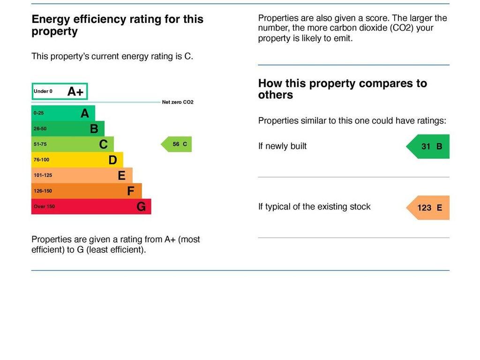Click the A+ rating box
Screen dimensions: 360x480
click(60, 91)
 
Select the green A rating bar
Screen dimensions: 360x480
click(63, 113)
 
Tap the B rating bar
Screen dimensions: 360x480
click(67, 128)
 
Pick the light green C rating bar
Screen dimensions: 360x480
click(72, 144)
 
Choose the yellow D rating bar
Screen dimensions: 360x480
click(77, 160)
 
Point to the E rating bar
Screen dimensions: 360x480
click(82, 175)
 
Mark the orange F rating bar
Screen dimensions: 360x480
click(86, 191)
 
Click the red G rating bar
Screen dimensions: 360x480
click(91, 206)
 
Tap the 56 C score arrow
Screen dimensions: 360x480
click(177, 144)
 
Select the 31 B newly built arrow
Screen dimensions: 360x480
click(428, 146)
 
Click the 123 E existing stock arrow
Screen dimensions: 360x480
click(428, 208)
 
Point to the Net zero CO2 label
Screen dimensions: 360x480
click(178, 102)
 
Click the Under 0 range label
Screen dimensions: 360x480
click(43, 91)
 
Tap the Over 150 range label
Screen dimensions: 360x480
click(44, 207)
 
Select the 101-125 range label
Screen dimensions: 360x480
click(43, 175)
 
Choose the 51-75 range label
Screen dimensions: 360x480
click(40, 144)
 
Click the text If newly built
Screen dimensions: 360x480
click(282, 146)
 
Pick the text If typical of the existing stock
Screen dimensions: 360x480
click(314, 207)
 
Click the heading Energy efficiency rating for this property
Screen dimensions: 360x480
click(117, 25)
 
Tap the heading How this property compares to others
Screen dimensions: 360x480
click(342, 89)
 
